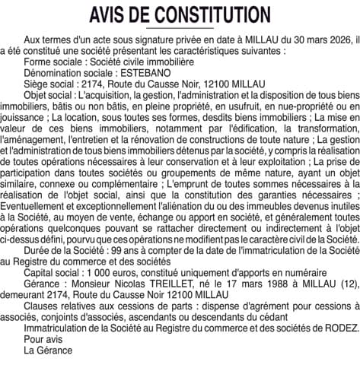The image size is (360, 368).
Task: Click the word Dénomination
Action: click(x=55, y=74)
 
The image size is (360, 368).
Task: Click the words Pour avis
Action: click(x=44, y=340)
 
